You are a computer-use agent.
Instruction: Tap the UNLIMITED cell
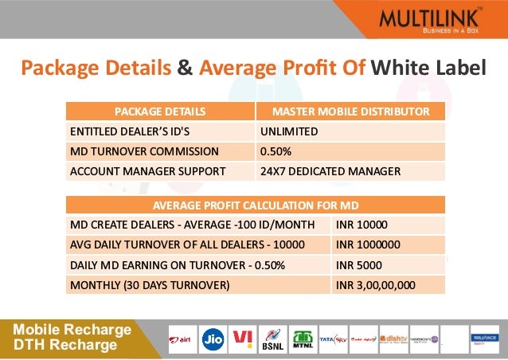[x=350, y=131]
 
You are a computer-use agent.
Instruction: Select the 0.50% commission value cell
[x=350, y=151]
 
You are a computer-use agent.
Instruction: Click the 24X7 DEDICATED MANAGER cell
[x=350, y=171]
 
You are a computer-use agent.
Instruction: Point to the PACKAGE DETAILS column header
[x=160, y=112]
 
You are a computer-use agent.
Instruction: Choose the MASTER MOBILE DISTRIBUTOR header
[x=350, y=112]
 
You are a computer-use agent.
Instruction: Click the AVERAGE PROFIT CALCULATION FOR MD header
[x=256, y=204]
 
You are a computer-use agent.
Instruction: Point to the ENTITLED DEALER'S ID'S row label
[x=160, y=131]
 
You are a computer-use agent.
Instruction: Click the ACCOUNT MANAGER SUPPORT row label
[x=160, y=171]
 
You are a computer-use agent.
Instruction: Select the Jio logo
[x=213, y=338]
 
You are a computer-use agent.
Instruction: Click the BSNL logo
[x=272, y=338]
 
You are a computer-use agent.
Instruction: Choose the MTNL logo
[x=303, y=338]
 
